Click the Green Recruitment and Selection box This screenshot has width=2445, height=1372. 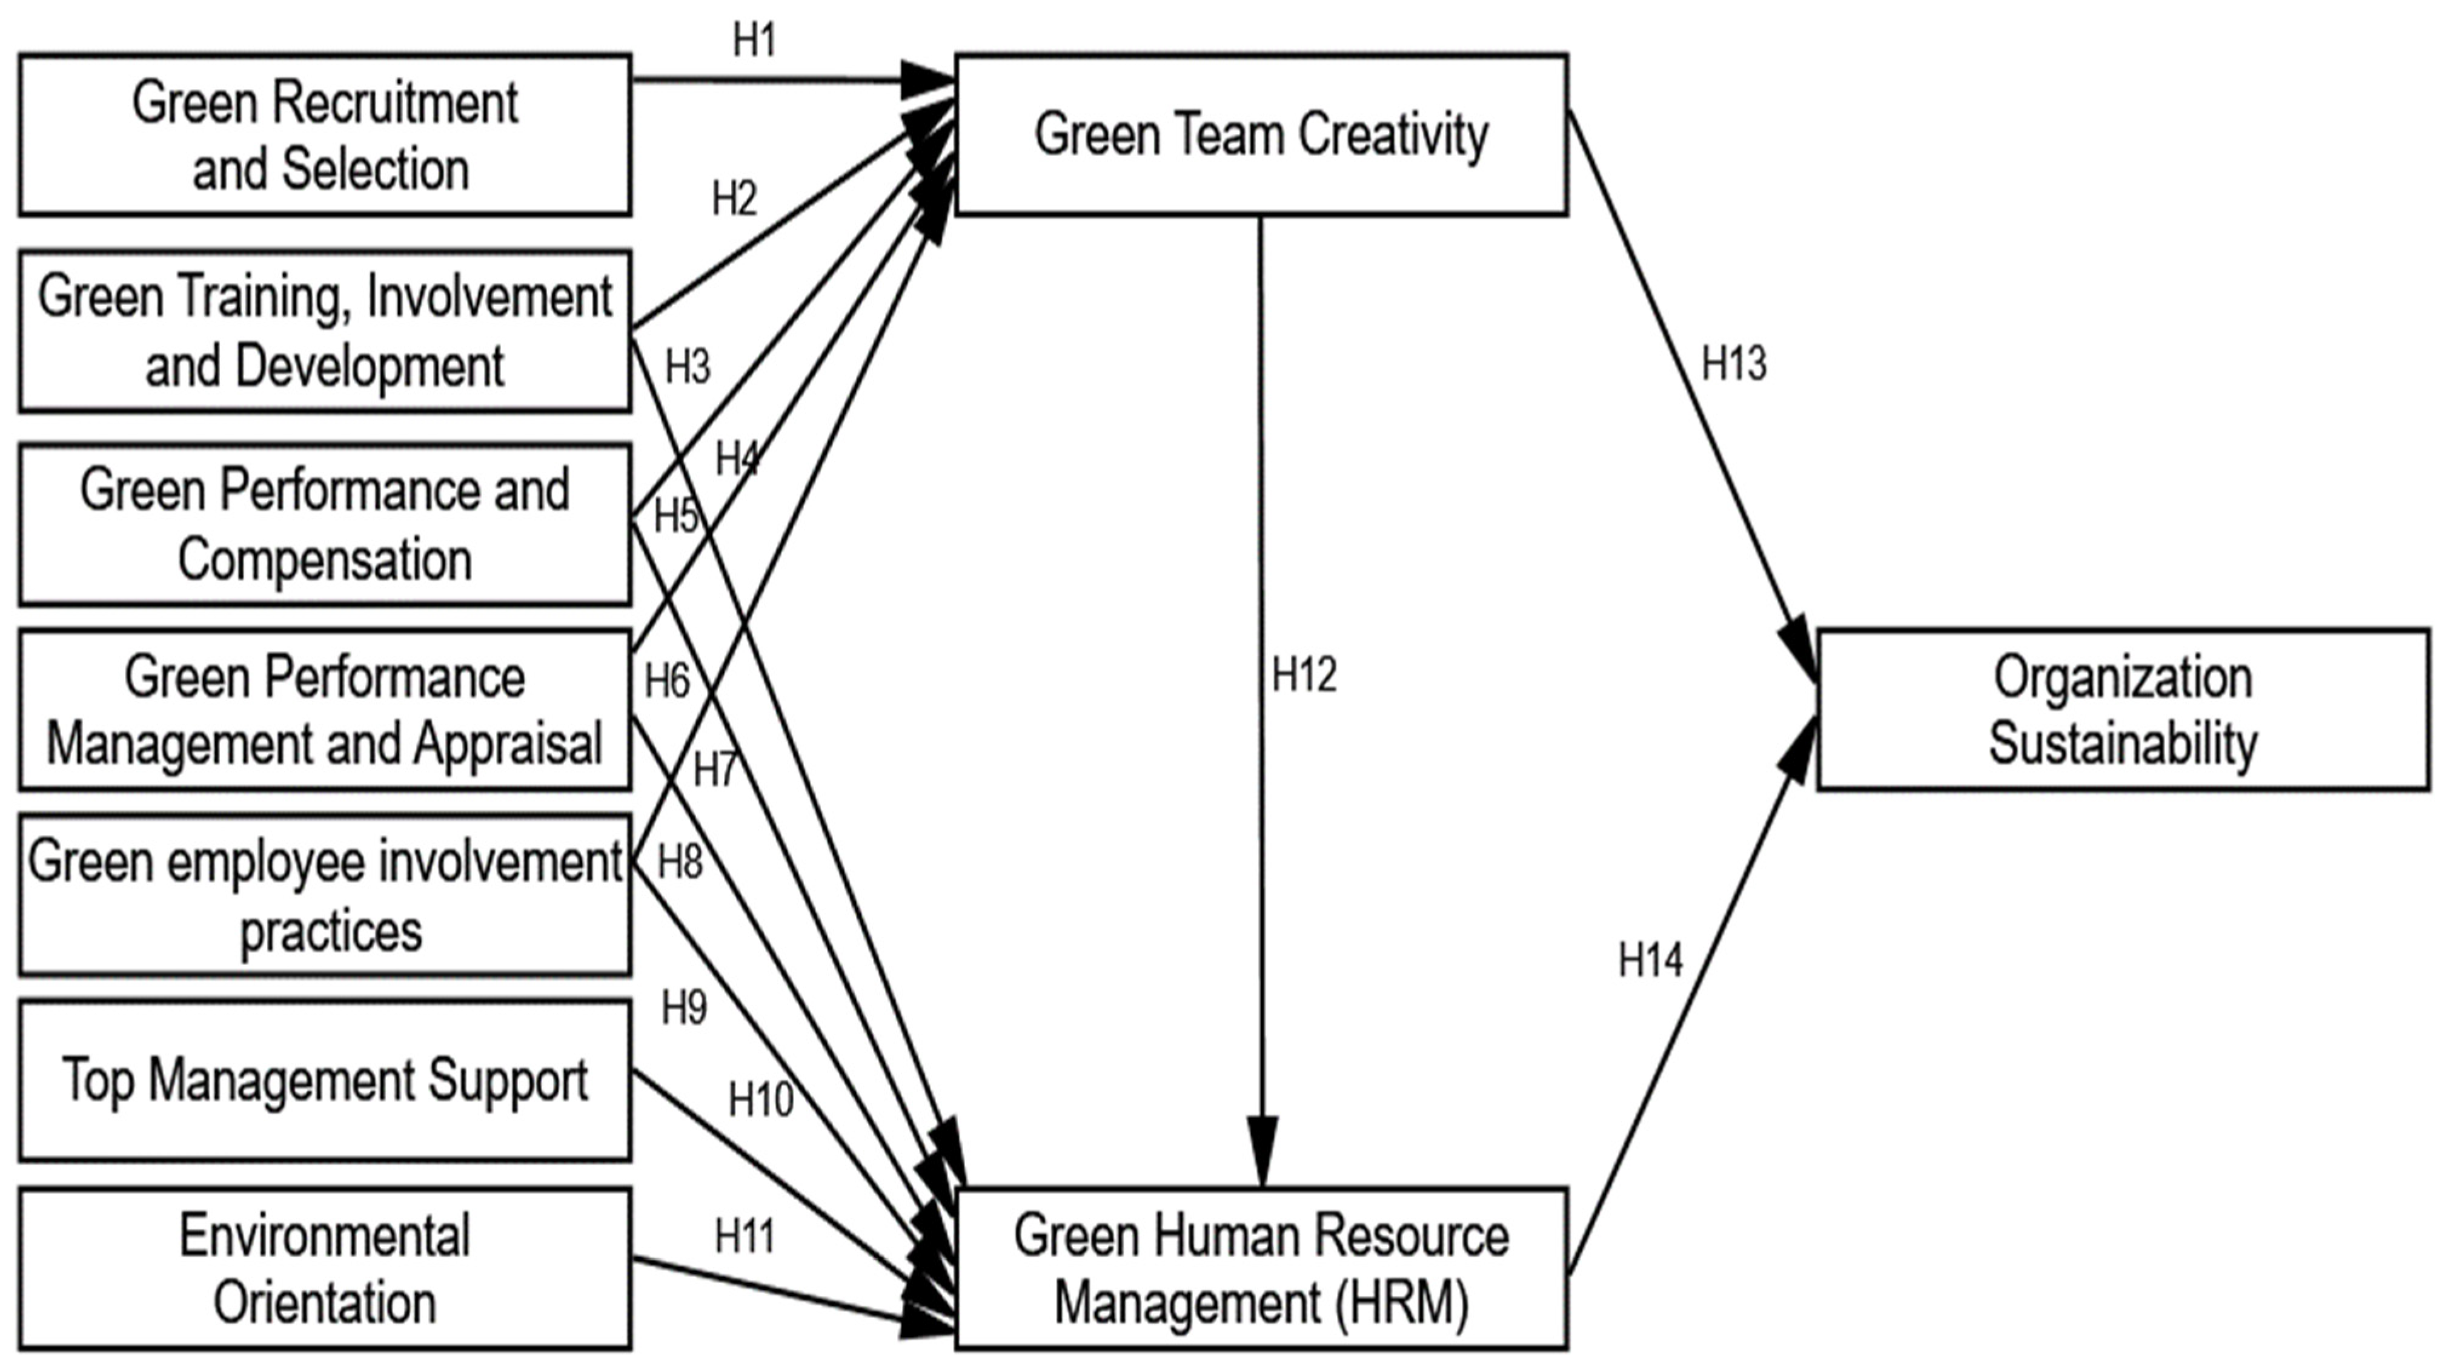[x=325, y=135]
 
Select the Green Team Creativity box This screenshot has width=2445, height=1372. [x=1261, y=135]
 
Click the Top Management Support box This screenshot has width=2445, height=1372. [x=325, y=1080]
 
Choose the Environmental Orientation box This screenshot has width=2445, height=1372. [x=325, y=1268]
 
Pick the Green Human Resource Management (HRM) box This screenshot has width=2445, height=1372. [x=1261, y=1268]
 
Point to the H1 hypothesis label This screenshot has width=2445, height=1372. [x=755, y=40]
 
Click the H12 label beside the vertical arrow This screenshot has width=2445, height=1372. [x=1304, y=674]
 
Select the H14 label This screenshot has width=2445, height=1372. [x=1651, y=960]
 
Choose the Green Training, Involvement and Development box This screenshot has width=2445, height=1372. [x=325, y=331]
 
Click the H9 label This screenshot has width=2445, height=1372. [x=683, y=1007]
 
